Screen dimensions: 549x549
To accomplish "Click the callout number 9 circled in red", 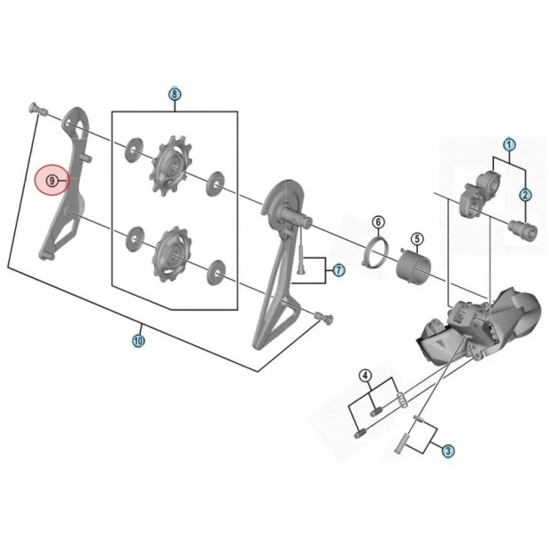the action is point(52,181).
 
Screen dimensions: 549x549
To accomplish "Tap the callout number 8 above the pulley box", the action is point(174,94).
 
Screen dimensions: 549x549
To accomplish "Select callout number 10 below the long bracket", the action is point(138,340).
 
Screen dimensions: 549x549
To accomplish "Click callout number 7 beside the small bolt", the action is point(338,270).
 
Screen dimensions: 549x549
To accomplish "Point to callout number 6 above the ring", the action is point(378,222).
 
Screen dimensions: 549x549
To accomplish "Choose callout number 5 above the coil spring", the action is point(417,239).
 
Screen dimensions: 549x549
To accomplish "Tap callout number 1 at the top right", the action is point(509,144).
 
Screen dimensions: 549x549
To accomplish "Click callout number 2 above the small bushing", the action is point(525,195).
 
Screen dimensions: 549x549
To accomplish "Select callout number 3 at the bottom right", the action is point(448,451).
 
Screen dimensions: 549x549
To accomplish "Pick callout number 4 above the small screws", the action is point(366,376).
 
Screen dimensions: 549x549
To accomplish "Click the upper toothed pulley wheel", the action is point(171,166).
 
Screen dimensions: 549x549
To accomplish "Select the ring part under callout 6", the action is point(375,252).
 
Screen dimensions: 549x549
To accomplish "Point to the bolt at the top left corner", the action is point(37,108).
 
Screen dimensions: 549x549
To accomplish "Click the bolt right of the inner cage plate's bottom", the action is point(325,318).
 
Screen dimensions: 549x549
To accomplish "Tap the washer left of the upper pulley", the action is point(134,150).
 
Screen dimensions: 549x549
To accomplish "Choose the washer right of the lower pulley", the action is point(216,272).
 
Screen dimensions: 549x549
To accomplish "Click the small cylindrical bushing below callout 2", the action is point(522,231).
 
